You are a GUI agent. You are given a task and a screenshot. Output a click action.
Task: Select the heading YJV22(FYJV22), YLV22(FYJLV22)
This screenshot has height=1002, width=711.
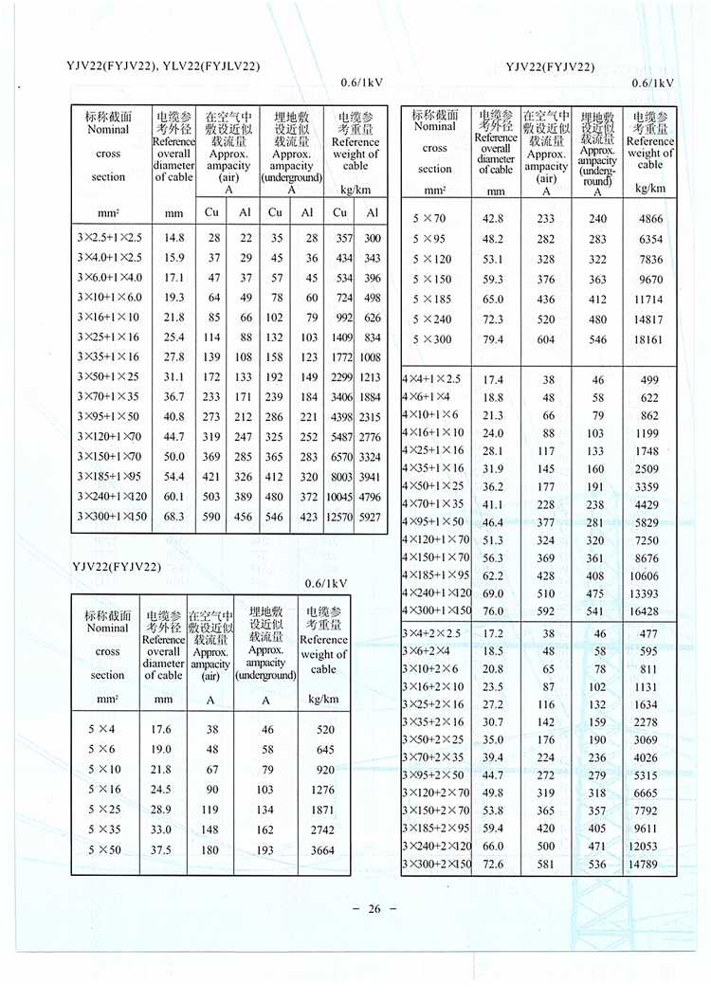click(x=163, y=65)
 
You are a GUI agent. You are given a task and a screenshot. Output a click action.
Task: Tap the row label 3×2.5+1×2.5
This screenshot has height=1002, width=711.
click(x=108, y=238)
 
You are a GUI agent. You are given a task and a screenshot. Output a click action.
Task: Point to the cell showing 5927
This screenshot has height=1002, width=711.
click(x=372, y=517)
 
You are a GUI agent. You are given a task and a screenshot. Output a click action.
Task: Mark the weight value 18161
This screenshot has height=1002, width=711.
click(x=649, y=339)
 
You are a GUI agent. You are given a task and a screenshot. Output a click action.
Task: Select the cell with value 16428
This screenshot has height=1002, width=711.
click(x=649, y=611)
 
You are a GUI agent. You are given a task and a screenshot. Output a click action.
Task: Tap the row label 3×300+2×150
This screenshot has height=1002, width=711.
click(x=437, y=864)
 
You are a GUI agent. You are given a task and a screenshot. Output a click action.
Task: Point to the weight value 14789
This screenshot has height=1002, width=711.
click(x=649, y=864)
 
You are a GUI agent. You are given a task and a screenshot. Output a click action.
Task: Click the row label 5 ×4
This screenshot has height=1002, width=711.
click(x=105, y=729)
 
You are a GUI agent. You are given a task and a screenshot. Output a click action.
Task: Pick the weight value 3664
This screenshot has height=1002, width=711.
click(x=322, y=850)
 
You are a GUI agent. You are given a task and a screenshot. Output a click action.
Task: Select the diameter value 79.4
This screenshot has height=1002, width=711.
click(x=495, y=339)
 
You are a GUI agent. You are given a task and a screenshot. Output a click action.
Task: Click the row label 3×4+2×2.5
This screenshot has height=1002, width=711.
click(x=435, y=632)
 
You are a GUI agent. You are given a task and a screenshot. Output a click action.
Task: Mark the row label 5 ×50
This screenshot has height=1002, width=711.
click(x=105, y=850)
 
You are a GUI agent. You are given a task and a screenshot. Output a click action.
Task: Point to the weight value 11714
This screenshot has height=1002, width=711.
click(x=649, y=300)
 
